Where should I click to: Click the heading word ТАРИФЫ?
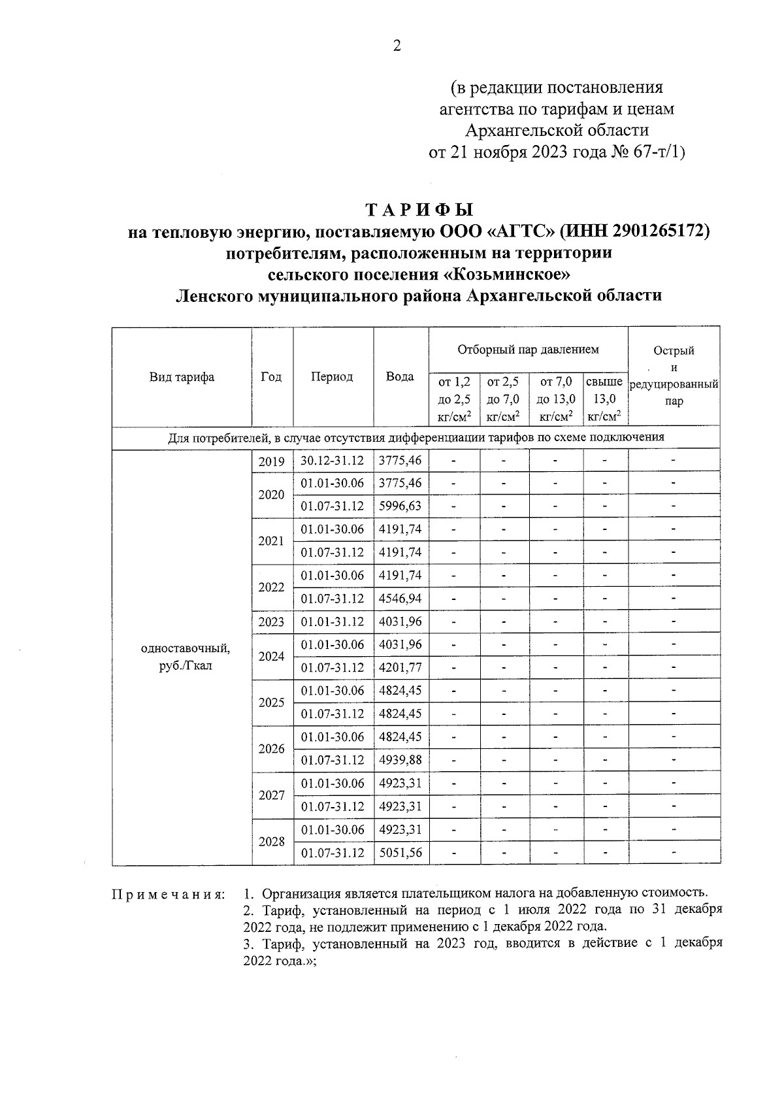(x=418, y=210)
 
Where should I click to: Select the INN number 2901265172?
(x=643, y=231)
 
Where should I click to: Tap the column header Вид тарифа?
(x=182, y=377)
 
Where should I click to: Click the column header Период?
(x=332, y=377)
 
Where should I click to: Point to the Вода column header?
(x=400, y=377)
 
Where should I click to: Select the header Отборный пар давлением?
(x=528, y=350)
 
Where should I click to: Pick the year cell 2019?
(x=272, y=462)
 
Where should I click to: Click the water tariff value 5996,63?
(x=400, y=506)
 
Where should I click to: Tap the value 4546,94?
(x=400, y=599)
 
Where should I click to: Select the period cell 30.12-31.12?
(x=332, y=461)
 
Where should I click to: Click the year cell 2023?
(x=272, y=622)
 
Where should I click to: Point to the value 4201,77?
(x=400, y=668)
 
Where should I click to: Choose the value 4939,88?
(x=400, y=760)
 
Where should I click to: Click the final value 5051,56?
(x=400, y=853)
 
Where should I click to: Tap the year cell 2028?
(x=272, y=842)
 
